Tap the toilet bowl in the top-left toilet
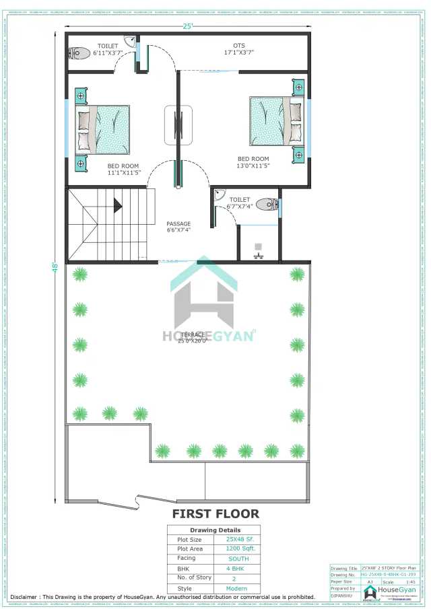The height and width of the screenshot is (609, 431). point(81,52)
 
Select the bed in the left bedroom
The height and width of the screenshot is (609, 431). point(103,130)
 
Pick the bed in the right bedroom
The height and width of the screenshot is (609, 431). point(276,121)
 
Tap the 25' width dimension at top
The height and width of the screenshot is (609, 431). point(189,26)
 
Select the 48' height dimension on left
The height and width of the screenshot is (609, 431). point(56,266)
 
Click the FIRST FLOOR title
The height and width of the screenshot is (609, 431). point(215,513)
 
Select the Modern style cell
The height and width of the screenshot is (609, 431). point(236,588)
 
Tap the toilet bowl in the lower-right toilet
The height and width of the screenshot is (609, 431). point(267,205)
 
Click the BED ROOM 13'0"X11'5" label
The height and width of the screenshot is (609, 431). point(253,162)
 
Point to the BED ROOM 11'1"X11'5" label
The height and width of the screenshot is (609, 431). point(123,169)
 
